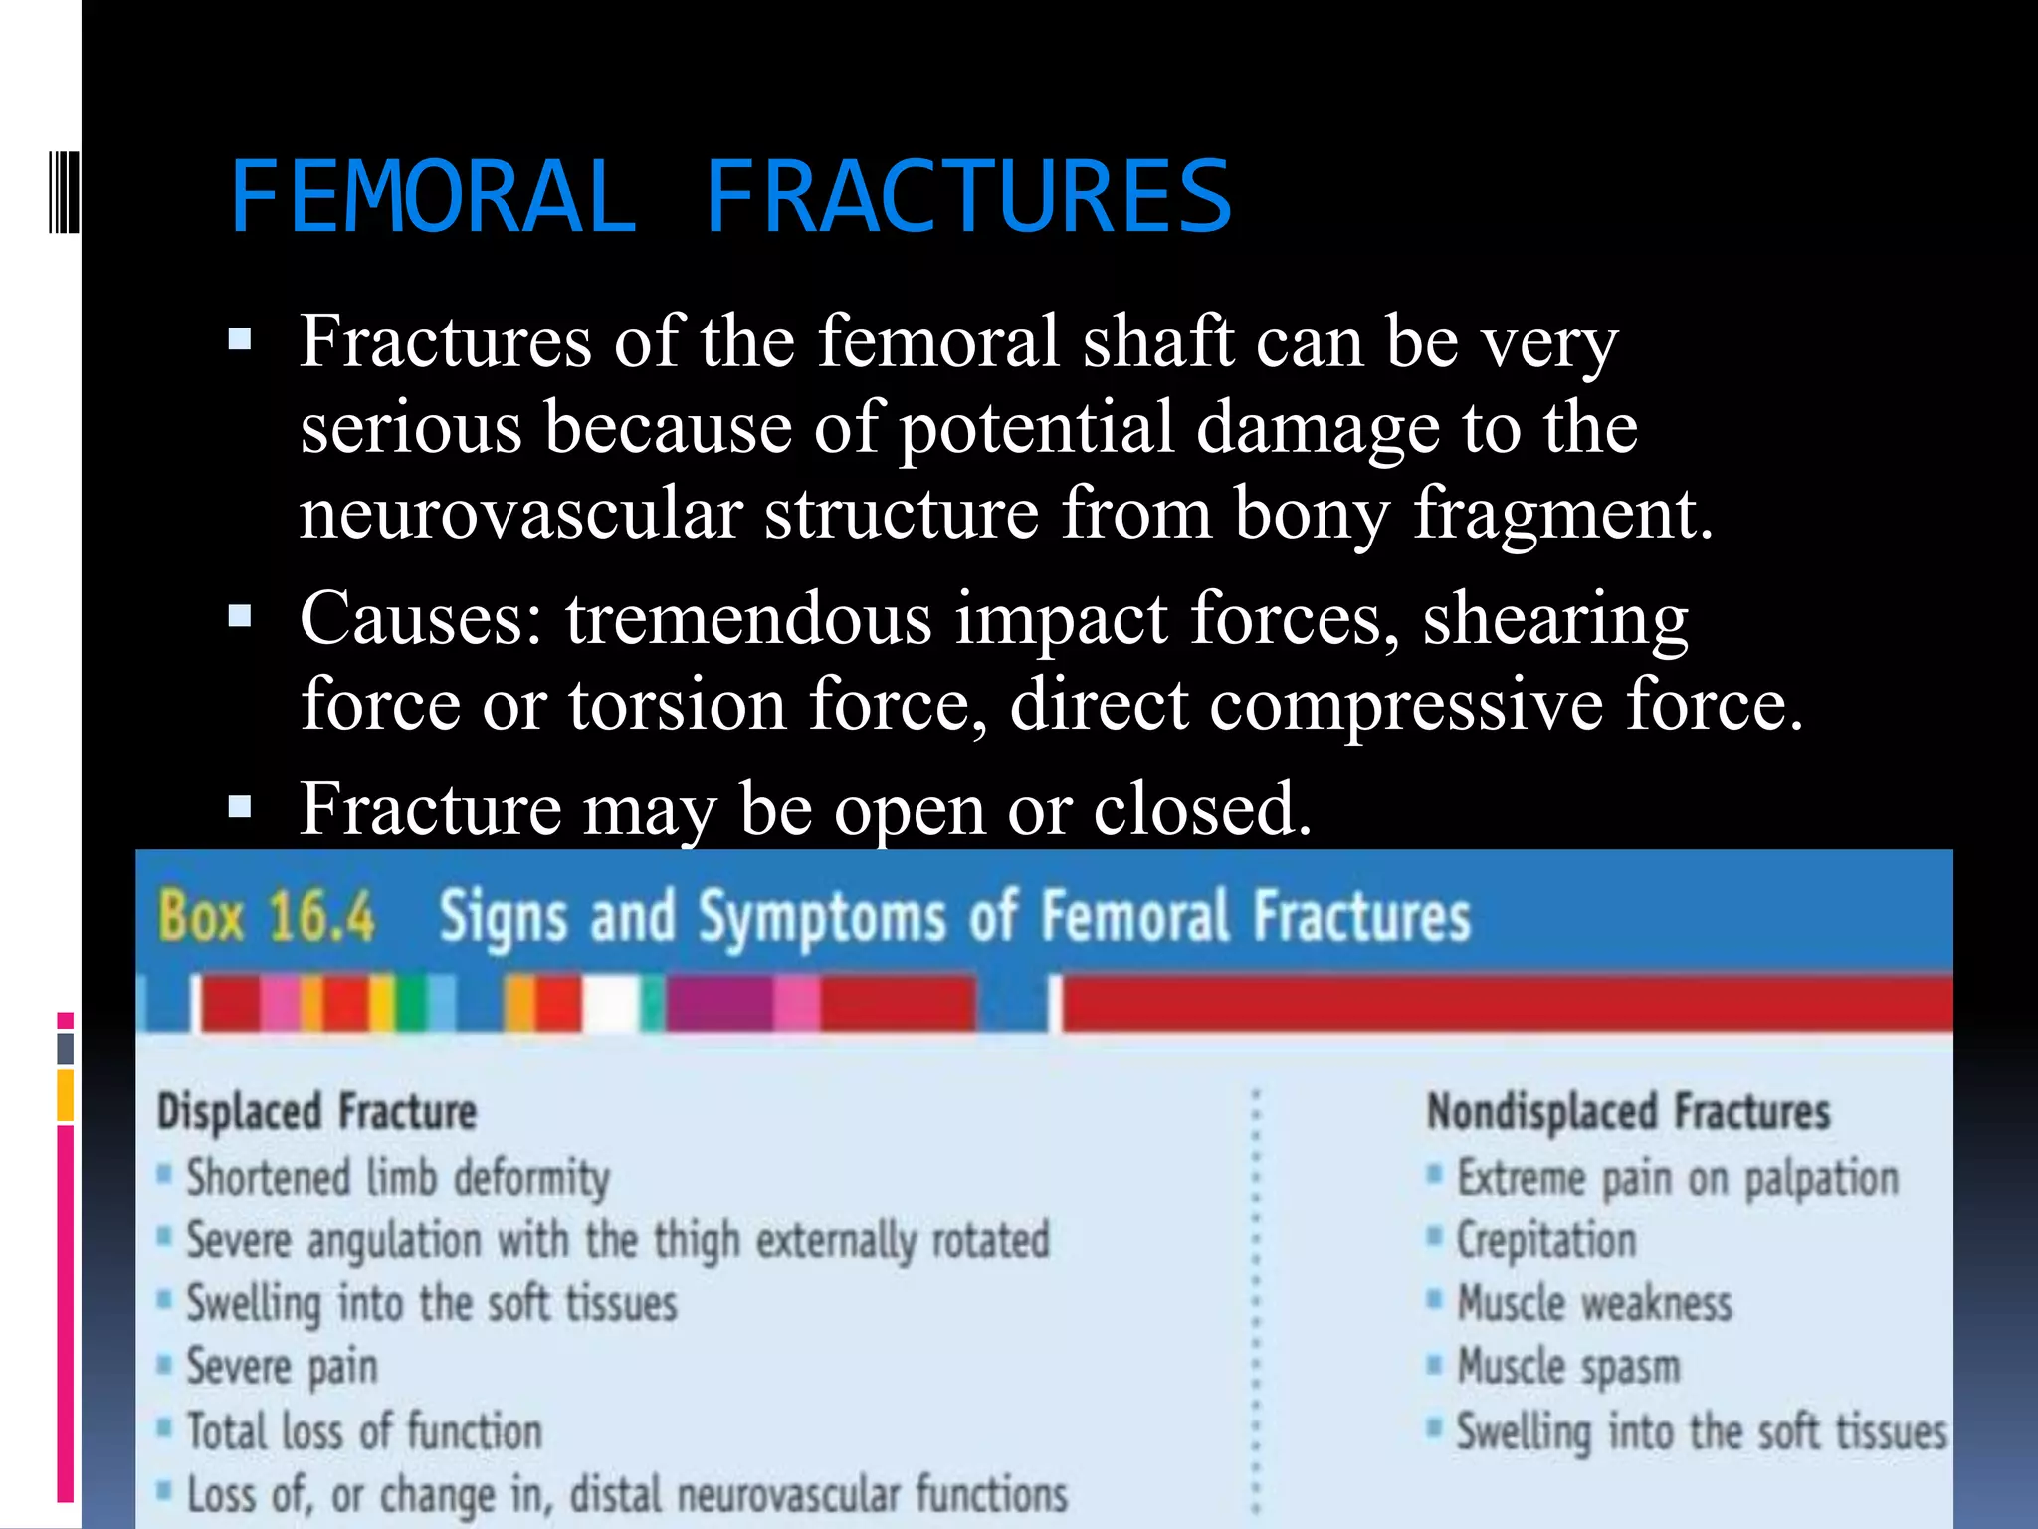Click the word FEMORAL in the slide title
pos(433,197)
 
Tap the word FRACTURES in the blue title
pos(968,197)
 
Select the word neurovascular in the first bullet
pos(520,514)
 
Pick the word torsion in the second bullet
pos(678,705)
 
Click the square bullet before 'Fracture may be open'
pos(240,805)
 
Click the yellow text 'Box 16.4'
pos(267,917)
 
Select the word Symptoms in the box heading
pos(821,917)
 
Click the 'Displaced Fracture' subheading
pos(317,1112)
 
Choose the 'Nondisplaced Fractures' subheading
pos(1628,1112)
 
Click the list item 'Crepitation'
pos(1546,1241)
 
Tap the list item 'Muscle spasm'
pos(1568,1367)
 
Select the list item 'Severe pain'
pos(283,1367)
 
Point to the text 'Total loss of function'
pos(364,1431)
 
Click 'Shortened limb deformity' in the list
pos(398,1179)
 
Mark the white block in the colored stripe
pos(611,1004)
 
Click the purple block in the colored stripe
pos(718,1004)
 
